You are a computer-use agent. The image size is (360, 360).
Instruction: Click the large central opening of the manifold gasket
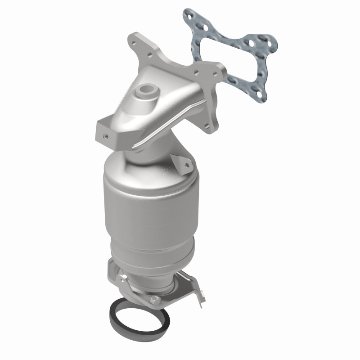click(225, 53)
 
